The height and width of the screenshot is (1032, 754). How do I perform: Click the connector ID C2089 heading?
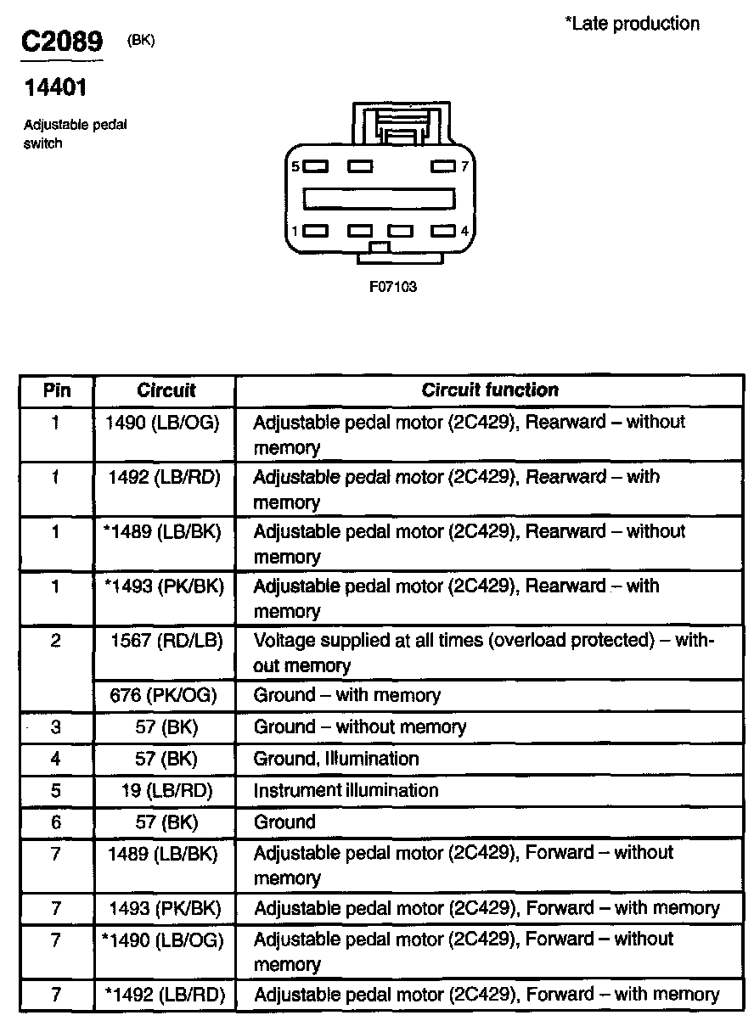62,42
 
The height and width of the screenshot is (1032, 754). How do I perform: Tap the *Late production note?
632,24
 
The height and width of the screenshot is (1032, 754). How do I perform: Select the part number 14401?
55,87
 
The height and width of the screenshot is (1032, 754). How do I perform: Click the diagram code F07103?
393,287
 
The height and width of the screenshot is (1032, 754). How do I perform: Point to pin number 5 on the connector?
295,166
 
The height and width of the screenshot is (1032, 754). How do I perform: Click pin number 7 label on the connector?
464,166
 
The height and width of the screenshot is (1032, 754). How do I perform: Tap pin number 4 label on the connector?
464,231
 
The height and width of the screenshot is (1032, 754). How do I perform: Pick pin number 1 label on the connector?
295,231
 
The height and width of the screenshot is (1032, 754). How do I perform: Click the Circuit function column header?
490,390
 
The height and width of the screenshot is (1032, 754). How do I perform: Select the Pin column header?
57,390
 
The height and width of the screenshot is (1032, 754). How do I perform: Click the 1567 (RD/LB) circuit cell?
166,641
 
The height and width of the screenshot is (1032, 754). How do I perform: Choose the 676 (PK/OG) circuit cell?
164,696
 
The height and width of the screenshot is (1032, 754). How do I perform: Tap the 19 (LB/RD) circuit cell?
166,791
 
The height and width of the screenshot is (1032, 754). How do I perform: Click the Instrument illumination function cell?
346,791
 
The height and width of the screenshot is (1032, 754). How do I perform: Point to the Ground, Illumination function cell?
336,759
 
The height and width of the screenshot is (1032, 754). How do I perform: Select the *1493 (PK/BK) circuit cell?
162,586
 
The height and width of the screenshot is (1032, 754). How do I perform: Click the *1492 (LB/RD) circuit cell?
165,994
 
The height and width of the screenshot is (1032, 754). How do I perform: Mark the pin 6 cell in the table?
56,822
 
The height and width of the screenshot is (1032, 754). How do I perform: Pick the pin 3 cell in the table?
56,727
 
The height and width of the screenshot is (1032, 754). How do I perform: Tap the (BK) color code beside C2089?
141,39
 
